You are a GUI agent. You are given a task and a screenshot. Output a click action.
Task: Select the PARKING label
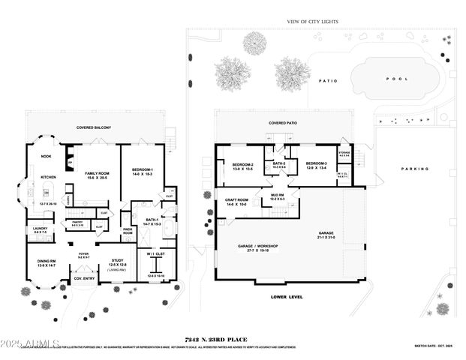coord(416,169)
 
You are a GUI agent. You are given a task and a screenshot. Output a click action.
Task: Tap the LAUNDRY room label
coord(39,230)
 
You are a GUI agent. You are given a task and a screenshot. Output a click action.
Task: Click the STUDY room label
coord(117,260)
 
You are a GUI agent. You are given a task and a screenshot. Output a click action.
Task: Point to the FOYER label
coord(83,254)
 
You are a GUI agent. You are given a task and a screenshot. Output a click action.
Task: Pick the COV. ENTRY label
coord(83,279)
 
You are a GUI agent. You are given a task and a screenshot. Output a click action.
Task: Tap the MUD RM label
coord(278,195)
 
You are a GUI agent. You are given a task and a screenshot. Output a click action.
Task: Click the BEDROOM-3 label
coord(316,163)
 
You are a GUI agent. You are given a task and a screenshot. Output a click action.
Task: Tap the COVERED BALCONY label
coord(94,127)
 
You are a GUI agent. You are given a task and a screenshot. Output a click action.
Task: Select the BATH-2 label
coord(278,163)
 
